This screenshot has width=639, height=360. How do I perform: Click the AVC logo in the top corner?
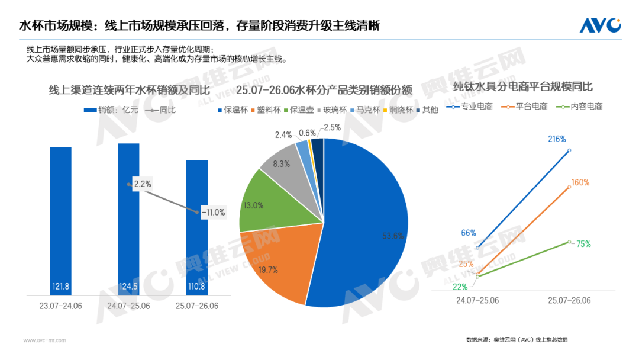click(x=601, y=25)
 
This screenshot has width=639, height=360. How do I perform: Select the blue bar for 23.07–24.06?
click(x=61, y=221)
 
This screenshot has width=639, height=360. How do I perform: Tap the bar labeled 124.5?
click(x=129, y=219)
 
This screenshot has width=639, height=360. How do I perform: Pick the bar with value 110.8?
click(x=197, y=227)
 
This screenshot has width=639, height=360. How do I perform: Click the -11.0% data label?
click(x=214, y=213)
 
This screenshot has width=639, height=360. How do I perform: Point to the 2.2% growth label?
click(x=143, y=184)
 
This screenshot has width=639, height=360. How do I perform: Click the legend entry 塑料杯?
click(x=266, y=110)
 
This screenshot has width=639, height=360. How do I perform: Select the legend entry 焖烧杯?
click(x=398, y=110)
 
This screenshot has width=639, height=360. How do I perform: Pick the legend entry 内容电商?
click(x=579, y=107)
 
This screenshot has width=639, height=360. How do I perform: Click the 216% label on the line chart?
click(x=557, y=139)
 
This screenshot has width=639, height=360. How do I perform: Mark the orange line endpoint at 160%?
click(x=569, y=187)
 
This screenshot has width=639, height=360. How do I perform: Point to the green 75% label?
click(x=583, y=244)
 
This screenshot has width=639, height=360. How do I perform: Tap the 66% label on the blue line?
click(x=468, y=233)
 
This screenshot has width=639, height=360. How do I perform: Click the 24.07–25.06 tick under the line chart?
click(x=477, y=300)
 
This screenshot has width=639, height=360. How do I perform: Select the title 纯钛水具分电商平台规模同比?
click(x=523, y=86)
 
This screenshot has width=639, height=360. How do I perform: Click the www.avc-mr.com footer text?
click(x=44, y=340)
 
